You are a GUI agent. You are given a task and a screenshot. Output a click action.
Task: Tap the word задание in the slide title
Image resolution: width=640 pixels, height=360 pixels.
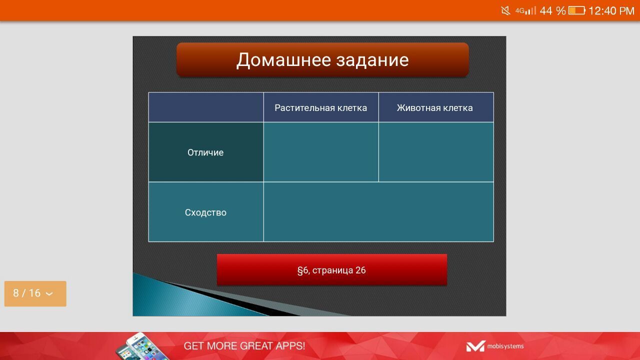pos(372,60)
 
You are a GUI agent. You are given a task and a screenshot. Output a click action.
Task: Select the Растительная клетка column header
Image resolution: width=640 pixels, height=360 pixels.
pos(321,107)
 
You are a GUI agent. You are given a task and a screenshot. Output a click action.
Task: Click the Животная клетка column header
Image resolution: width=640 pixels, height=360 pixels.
pos(435,107)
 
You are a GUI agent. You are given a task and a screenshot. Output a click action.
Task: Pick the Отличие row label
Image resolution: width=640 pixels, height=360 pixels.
pos(205,152)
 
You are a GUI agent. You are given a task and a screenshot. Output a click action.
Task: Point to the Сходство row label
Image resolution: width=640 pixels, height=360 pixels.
pos(205,212)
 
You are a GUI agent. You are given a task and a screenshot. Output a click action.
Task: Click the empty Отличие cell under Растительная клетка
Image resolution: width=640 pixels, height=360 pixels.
pos(321,152)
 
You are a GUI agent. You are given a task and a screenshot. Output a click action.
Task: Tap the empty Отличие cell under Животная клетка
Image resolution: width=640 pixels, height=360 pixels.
pos(436,152)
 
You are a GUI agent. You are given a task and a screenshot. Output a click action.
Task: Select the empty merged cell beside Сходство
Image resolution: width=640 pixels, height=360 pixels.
pos(378,211)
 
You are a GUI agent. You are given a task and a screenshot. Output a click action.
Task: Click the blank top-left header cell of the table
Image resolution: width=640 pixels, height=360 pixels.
pos(205,107)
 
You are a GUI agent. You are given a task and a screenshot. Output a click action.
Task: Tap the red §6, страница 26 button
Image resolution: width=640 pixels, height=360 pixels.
pos(332,269)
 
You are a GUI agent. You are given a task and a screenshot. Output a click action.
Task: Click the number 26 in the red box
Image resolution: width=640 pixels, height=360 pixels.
pos(360,270)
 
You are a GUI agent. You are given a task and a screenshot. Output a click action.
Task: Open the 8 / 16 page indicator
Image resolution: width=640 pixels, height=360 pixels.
pos(35,293)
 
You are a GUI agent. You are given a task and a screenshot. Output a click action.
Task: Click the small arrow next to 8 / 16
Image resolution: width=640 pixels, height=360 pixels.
pos(49,293)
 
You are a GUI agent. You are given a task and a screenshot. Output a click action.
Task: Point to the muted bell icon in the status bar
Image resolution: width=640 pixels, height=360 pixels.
pos(505,11)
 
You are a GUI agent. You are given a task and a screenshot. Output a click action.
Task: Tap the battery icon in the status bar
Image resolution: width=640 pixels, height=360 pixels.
pos(576,11)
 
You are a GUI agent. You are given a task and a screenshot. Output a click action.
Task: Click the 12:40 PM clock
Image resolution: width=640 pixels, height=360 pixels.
pos(611,11)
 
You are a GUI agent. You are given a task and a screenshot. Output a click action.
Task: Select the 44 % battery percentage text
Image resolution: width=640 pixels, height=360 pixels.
pos(552,11)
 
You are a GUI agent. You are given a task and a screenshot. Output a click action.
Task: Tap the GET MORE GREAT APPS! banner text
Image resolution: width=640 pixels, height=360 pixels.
pos(244,345)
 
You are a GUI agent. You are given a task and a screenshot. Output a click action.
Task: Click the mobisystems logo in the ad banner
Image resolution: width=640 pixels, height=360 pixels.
pos(495,346)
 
